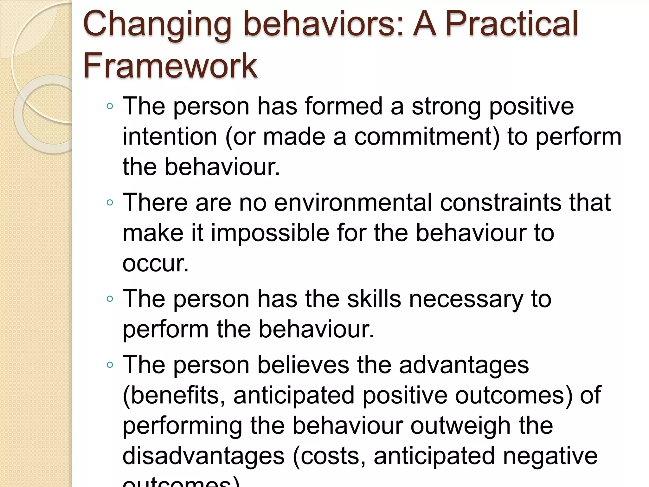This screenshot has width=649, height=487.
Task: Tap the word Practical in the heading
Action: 512,23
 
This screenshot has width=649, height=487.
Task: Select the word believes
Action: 303,365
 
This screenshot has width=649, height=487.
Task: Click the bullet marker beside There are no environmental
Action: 110,202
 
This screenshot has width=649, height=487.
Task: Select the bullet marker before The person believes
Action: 110,365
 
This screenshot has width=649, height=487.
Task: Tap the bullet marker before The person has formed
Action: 110,106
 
